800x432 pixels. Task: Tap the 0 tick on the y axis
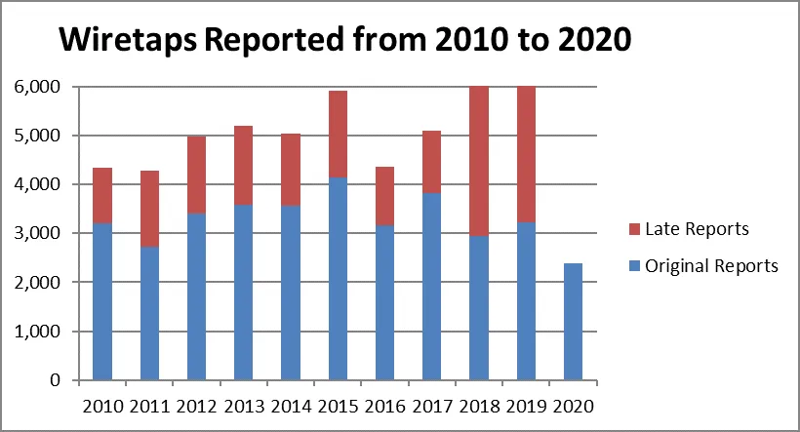coord(55,380)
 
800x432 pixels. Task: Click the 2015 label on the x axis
coord(338,405)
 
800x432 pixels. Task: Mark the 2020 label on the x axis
coord(573,405)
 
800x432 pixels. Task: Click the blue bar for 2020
coord(573,322)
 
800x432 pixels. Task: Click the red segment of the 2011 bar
coord(149,209)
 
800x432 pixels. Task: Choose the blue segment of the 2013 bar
coord(243,293)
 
